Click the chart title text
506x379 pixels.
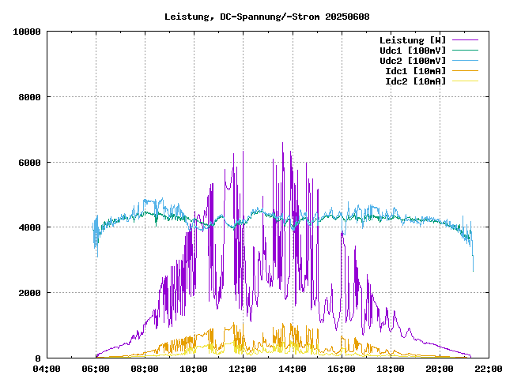coord(266,17)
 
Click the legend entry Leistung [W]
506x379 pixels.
coord(412,39)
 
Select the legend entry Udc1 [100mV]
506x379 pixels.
coord(412,50)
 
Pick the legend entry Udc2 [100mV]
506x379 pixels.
coord(412,60)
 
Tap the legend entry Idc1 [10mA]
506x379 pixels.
coord(415,70)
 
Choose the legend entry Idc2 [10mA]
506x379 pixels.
coord(415,81)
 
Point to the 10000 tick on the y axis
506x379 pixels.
coord(27,32)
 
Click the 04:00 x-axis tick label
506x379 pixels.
coord(47,369)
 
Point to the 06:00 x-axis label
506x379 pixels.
coord(96,369)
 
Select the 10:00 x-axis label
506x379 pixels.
coord(194,369)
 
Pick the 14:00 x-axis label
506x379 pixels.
coord(293,369)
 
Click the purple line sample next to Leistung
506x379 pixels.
coord(465,39)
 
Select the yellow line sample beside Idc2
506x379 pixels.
coord(465,81)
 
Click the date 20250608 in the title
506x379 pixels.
coord(346,17)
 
